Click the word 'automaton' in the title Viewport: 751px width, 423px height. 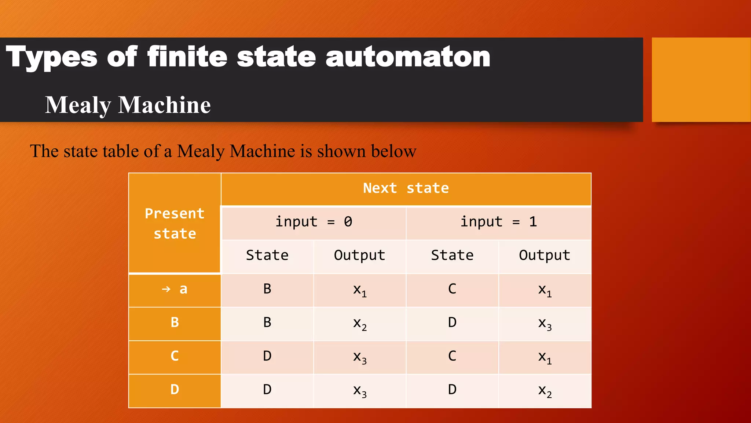coord(408,58)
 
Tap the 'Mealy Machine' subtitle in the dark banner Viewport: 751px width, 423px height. coord(128,105)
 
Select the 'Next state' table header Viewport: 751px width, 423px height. coord(406,188)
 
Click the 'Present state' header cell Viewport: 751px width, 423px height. coord(175,223)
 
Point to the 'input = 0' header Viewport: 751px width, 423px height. coord(314,222)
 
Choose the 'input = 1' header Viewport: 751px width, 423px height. coord(498,222)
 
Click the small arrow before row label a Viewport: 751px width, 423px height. coord(166,289)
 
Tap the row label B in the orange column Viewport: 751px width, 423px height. coord(175,322)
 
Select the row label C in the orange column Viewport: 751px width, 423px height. coord(175,356)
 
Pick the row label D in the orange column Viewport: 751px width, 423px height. coord(175,390)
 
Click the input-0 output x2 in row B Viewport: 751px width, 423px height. coord(360,323)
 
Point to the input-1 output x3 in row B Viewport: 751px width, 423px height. coord(545,323)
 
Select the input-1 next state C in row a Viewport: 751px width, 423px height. coord(452,289)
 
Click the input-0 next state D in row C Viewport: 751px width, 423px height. coord(267,356)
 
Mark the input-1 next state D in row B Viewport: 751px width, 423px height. coord(452,322)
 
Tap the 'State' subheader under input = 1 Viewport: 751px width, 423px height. coord(452,255)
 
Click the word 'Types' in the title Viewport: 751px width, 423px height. coord(52,58)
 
